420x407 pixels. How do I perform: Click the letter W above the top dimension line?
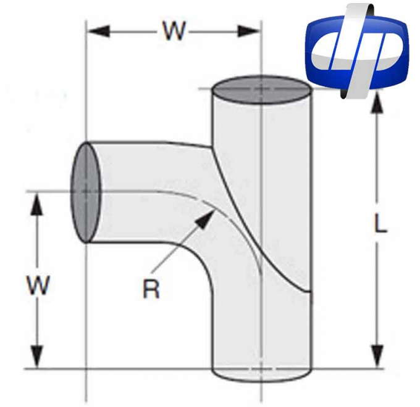[x=174, y=30]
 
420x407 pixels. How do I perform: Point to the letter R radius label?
[x=151, y=289]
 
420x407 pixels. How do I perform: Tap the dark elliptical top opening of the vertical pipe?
[x=262, y=91]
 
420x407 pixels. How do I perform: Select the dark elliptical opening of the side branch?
[x=86, y=192]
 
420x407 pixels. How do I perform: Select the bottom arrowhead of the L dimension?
[x=375, y=360]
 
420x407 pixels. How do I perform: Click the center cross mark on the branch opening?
[x=86, y=192]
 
